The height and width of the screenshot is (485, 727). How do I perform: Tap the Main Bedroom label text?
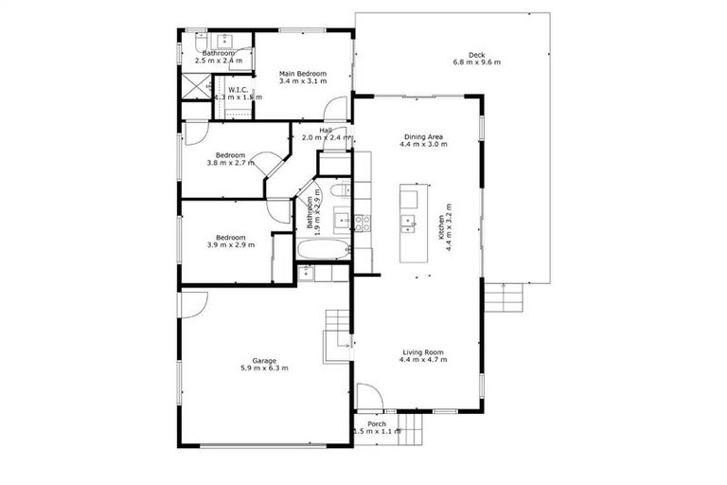pos(302,74)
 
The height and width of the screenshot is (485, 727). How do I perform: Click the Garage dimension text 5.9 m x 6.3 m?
pos(264,368)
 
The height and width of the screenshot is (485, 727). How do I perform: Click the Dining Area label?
pos(423,137)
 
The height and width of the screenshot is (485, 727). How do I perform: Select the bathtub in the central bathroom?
pos(323,251)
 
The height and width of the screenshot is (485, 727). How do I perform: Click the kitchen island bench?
pos(409,224)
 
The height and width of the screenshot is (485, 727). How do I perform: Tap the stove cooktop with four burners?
pos(363,224)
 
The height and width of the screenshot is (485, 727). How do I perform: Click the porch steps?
pos(410,423)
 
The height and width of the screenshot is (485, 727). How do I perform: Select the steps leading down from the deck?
pos(503,299)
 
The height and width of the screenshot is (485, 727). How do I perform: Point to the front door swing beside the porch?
pos(369,396)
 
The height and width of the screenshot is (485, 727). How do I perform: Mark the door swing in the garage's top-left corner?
pos(194,304)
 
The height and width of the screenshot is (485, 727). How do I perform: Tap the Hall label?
pos(326,131)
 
